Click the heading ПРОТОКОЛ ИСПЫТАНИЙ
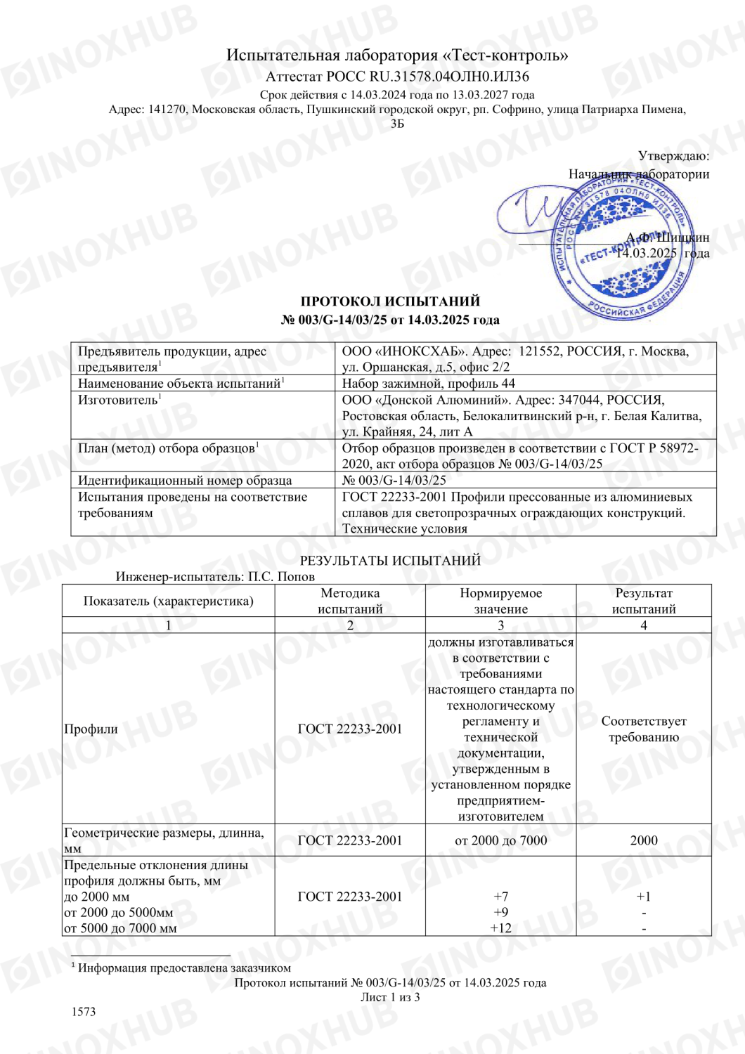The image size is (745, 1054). pyautogui.click(x=390, y=301)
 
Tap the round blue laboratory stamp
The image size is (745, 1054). pyautogui.click(x=618, y=249)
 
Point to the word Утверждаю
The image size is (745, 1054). pyautogui.click(x=673, y=156)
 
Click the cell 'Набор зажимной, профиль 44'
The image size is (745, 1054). pyautogui.click(x=429, y=384)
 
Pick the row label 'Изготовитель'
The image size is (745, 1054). pyautogui.click(x=118, y=400)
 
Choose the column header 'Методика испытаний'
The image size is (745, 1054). pyautogui.click(x=350, y=601)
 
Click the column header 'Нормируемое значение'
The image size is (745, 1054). pyautogui.click(x=500, y=601)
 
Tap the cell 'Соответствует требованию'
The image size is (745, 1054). pyautogui.click(x=643, y=729)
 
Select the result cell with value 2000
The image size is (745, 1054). pyautogui.click(x=643, y=840)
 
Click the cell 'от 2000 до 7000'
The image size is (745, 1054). pyautogui.click(x=500, y=840)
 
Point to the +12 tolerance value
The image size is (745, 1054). pyautogui.click(x=500, y=928)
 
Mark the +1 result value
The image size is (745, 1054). pyautogui.click(x=643, y=897)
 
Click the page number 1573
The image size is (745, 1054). pyautogui.click(x=84, y=1012)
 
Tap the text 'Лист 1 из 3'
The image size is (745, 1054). pyautogui.click(x=390, y=997)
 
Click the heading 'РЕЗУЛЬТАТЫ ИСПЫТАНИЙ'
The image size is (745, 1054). pyautogui.click(x=390, y=560)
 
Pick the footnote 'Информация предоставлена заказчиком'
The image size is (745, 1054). pyautogui.click(x=184, y=968)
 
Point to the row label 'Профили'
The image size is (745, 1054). pyautogui.click(x=91, y=729)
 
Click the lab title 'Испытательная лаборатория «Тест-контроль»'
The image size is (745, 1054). pyautogui.click(x=397, y=55)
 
